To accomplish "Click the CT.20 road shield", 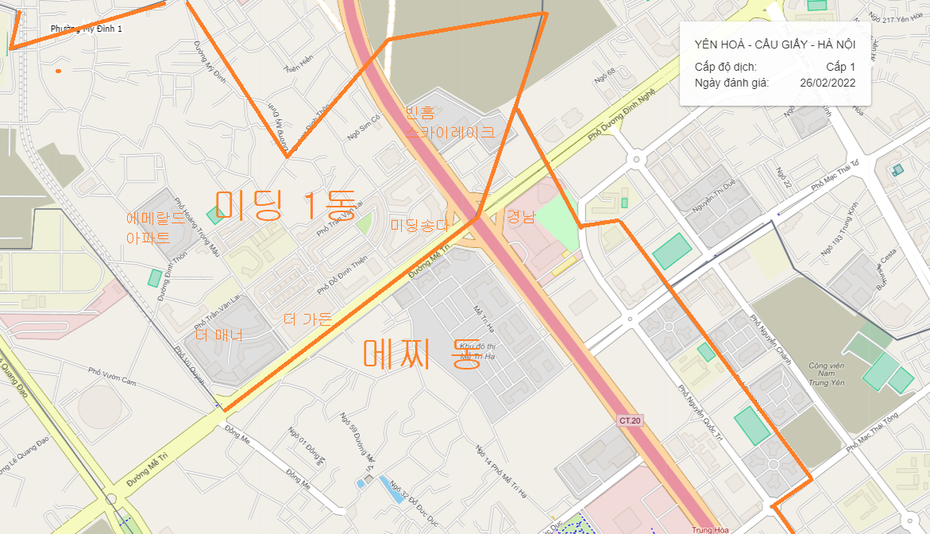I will click(x=629, y=420).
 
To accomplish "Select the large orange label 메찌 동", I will click(x=418, y=354).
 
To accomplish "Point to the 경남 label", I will click(x=522, y=217).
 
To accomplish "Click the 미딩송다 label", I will click(x=420, y=226).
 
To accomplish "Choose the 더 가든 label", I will click(x=308, y=319).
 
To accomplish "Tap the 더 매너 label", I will click(x=218, y=335).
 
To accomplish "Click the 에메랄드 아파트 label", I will click(x=156, y=228).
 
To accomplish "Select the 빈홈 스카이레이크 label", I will click(x=450, y=122).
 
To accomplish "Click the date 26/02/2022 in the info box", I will click(x=828, y=83).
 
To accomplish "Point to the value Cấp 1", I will click(x=840, y=67).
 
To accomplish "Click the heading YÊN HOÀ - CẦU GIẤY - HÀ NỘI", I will click(x=774, y=44).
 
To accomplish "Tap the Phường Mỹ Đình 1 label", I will click(x=86, y=29).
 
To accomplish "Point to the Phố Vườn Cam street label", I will click(x=113, y=377).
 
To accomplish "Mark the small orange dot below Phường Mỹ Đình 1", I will click(x=58, y=72).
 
